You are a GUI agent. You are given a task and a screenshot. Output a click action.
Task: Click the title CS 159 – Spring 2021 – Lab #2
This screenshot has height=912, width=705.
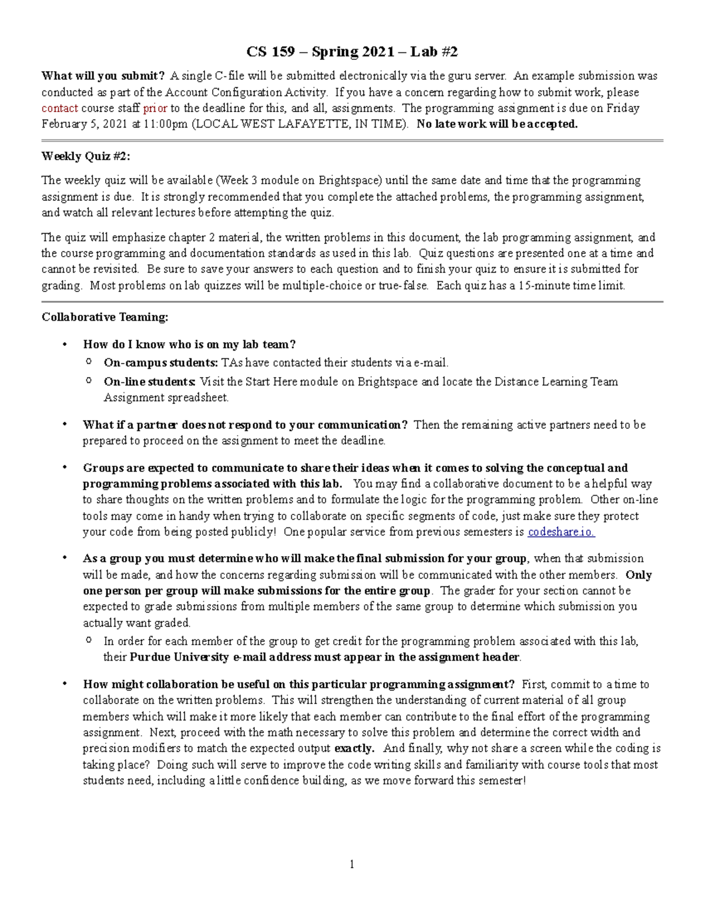(x=352, y=52)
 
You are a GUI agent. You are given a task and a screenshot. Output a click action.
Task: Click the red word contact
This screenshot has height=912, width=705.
(x=59, y=108)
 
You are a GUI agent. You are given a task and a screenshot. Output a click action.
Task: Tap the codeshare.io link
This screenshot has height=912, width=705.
(x=561, y=532)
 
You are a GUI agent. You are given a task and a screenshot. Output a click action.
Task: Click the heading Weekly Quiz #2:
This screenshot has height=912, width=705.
(x=86, y=156)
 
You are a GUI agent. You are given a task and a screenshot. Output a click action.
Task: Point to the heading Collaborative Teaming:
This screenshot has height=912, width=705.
(x=105, y=317)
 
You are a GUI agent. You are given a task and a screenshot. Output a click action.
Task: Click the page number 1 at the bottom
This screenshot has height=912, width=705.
(x=352, y=864)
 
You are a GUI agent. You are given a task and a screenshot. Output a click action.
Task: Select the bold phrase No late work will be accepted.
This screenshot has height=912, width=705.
(x=497, y=124)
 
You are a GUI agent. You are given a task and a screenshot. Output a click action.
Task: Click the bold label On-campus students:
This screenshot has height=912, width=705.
(x=161, y=363)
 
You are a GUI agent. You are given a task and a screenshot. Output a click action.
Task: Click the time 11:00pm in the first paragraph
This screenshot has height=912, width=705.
(x=164, y=124)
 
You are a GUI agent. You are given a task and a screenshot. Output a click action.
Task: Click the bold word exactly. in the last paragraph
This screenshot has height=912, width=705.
(x=354, y=749)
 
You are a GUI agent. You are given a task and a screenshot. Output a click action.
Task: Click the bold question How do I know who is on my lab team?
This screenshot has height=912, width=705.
(x=189, y=345)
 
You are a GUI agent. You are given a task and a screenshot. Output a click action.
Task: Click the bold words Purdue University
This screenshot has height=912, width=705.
(x=179, y=657)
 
